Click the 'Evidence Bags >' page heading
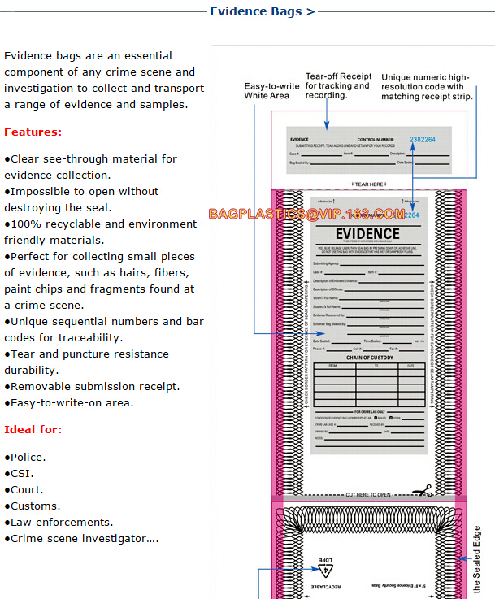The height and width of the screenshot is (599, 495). pos(262,11)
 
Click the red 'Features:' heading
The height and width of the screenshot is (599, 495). pos(33,132)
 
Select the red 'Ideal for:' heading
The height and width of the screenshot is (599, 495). pos(33,429)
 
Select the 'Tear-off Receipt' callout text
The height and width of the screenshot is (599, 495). pos(338,85)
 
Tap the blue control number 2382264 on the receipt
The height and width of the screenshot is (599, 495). pos(422,140)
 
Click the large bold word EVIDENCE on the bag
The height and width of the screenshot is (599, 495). pos(368,234)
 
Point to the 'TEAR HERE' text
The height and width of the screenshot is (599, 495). pos(368,184)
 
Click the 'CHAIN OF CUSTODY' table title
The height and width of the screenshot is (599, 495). pos(369,358)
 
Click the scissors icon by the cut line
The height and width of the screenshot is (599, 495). pos(421,491)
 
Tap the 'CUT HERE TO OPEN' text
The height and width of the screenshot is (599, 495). pos(368,494)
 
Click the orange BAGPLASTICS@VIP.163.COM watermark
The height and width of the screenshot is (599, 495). pos(306,214)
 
